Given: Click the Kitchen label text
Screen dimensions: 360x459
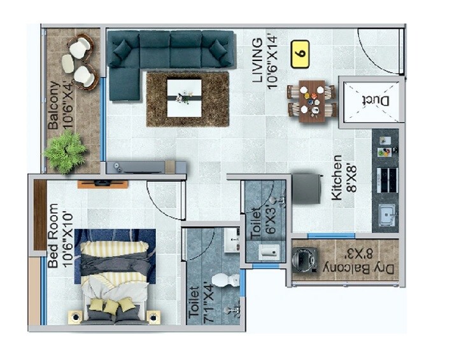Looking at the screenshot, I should tap(337, 177).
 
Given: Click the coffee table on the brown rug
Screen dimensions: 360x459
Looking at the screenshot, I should tap(185, 97).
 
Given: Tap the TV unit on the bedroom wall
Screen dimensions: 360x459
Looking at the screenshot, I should tap(103, 184).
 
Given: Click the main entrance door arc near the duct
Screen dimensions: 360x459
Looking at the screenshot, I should tap(376, 51).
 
